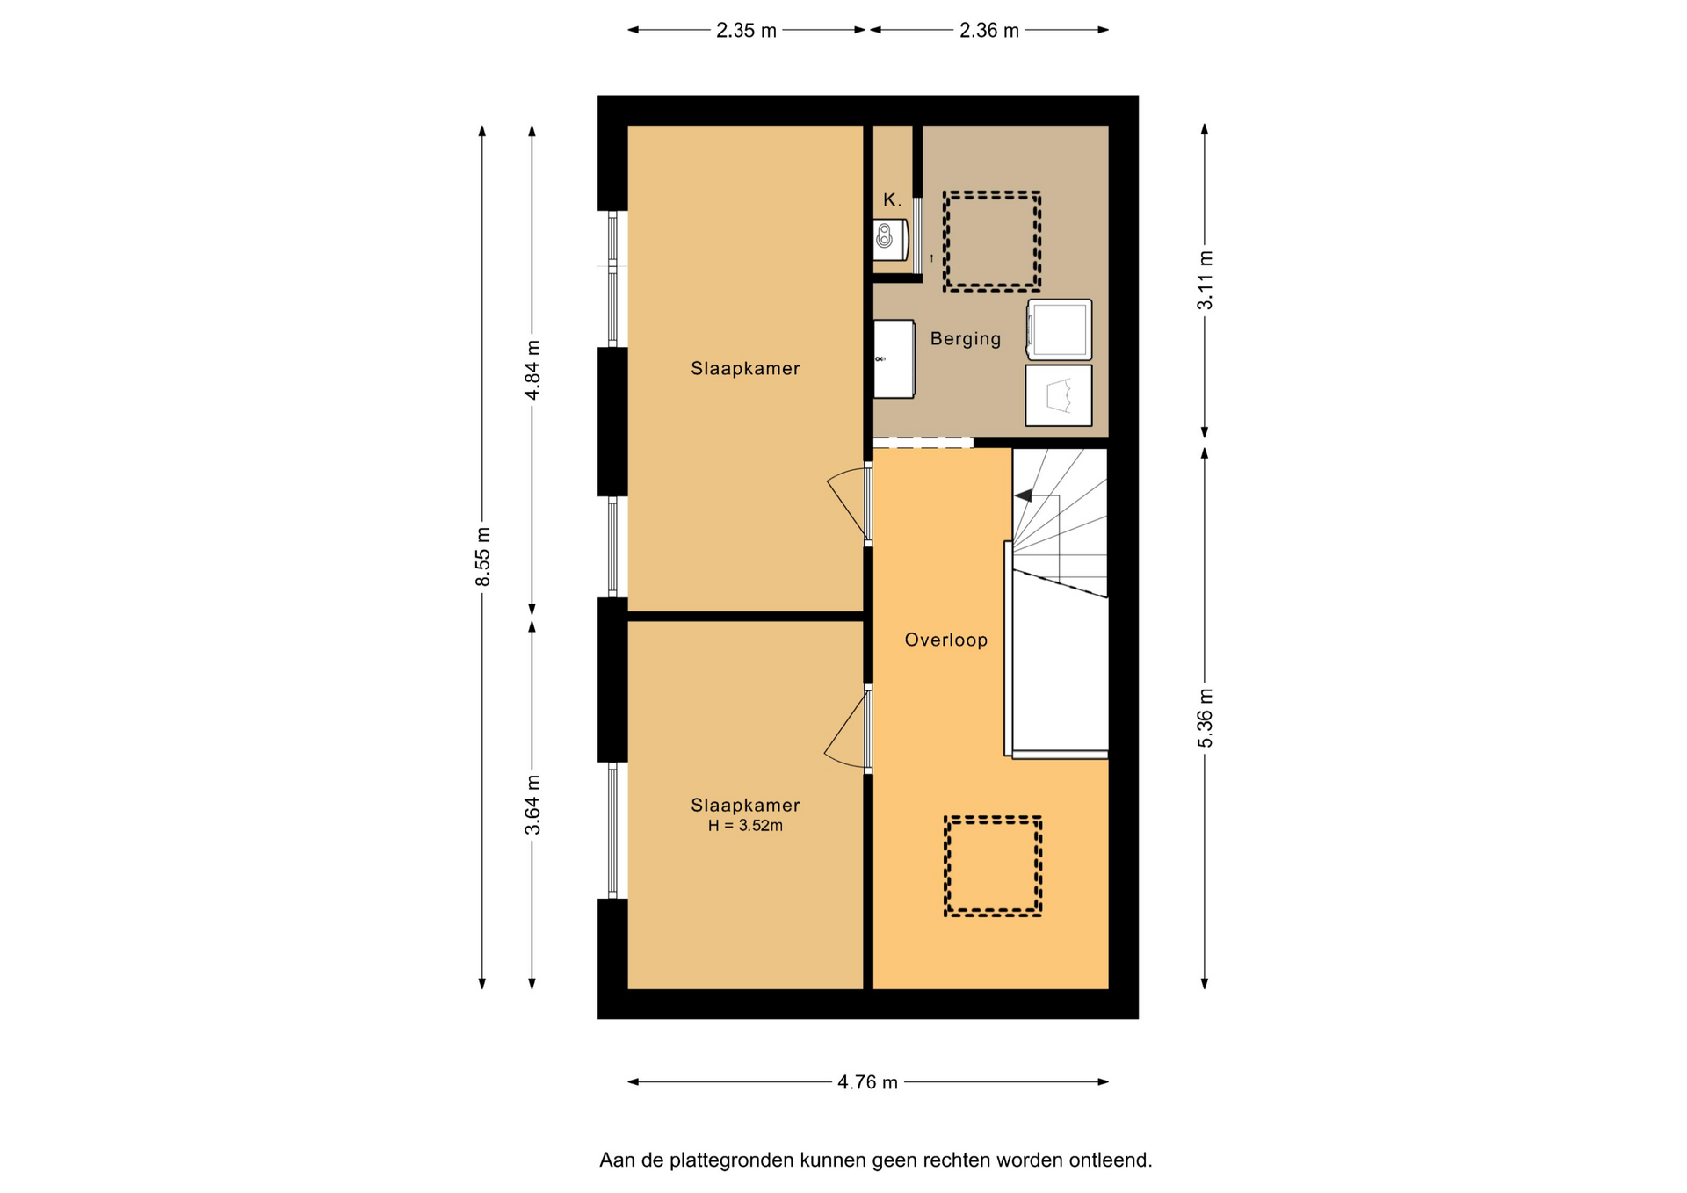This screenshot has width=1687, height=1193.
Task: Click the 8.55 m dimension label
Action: pyautogui.click(x=482, y=557)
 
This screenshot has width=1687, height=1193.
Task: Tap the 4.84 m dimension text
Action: pyautogui.click(x=532, y=370)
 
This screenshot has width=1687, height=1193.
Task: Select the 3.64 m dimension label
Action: pyautogui.click(x=532, y=805)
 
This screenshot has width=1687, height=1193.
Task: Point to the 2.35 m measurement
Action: pyautogui.click(x=746, y=31)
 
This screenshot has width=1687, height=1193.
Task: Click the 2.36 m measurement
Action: pyautogui.click(x=989, y=31)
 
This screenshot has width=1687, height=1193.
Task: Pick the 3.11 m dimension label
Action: pyautogui.click(x=1205, y=280)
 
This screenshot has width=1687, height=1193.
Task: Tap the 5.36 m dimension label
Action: pyautogui.click(x=1205, y=719)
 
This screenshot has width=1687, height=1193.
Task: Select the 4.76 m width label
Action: pyautogui.click(x=867, y=1082)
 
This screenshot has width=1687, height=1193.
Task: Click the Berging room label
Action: pyautogui.click(x=966, y=339)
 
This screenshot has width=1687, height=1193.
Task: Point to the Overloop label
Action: pyautogui.click(x=946, y=640)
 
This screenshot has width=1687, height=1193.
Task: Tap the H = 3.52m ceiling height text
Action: pyautogui.click(x=745, y=826)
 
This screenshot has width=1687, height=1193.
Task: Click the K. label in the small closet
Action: pyautogui.click(x=892, y=200)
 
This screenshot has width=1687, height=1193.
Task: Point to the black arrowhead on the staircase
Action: pyautogui.click(x=1024, y=495)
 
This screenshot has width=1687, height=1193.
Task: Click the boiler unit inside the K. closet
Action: pyautogui.click(x=889, y=240)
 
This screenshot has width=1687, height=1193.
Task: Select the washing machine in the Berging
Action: pyautogui.click(x=1060, y=330)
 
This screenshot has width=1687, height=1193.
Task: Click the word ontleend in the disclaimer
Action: pyautogui.click(x=1110, y=1160)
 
